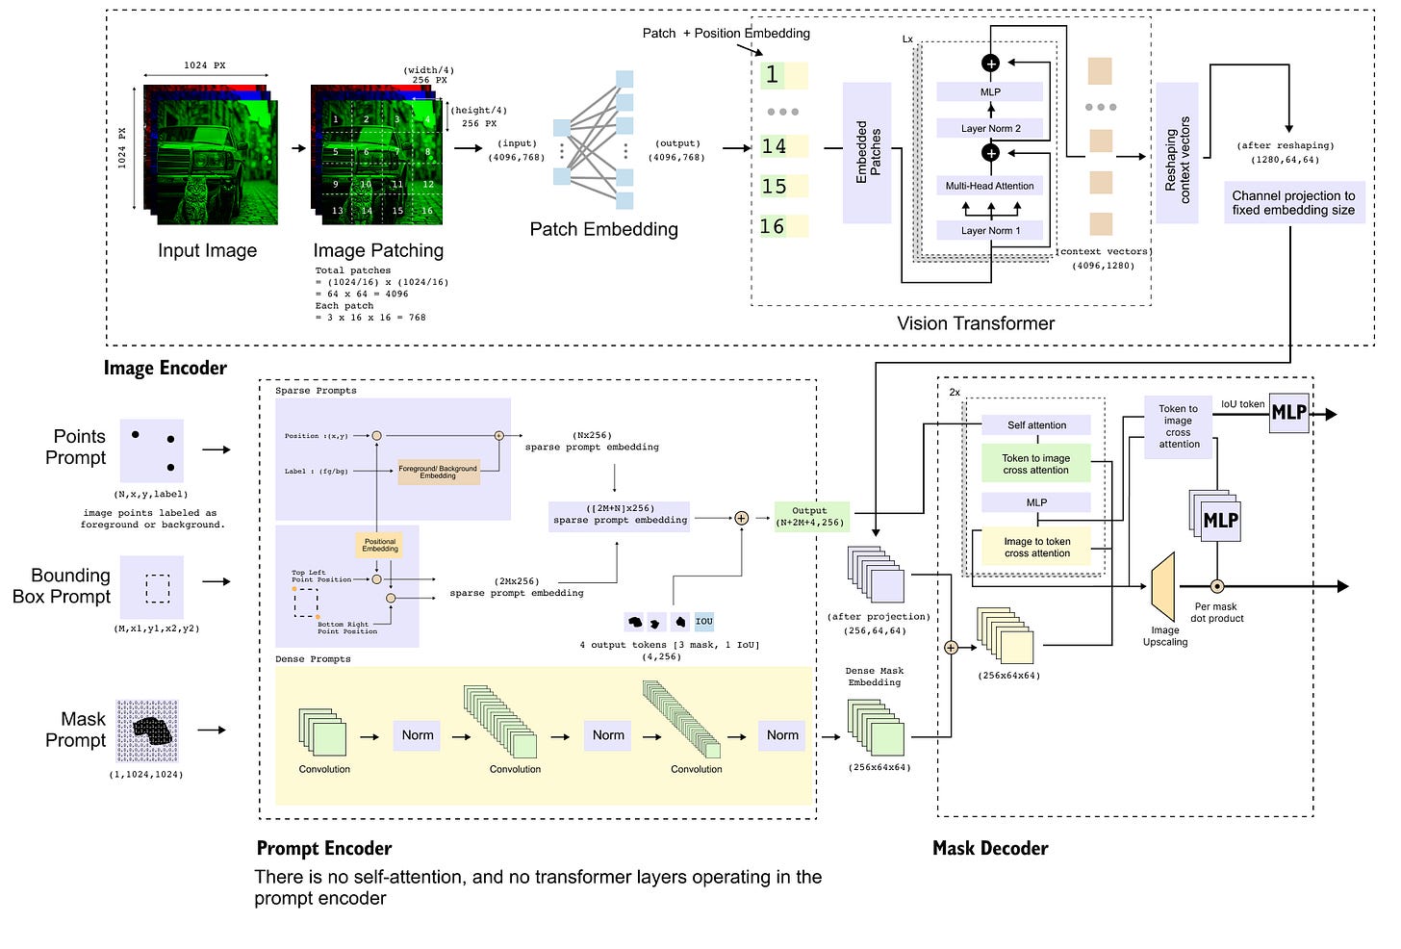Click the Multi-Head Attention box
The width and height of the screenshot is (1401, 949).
click(989, 186)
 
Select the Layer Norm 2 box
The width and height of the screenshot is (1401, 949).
click(989, 128)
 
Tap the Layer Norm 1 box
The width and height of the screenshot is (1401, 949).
click(989, 230)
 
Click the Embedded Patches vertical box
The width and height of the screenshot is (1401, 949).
click(867, 152)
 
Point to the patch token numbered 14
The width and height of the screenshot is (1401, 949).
click(782, 146)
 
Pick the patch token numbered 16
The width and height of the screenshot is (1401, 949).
click(782, 226)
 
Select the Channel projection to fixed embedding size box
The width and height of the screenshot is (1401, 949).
click(1293, 202)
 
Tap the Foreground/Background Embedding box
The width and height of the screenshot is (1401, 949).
click(438, 472)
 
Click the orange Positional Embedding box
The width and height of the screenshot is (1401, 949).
click(379, 545)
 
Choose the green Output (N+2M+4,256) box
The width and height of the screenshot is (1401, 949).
click(811, 516)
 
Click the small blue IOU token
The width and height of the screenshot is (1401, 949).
click(703, 621)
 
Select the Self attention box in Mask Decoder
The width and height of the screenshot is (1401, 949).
click(1036, 424)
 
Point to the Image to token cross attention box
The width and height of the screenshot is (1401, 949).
click(1036, 547)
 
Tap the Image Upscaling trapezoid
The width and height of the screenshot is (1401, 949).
click(1164, 586)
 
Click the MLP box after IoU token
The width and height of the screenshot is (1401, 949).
click(1288, 413)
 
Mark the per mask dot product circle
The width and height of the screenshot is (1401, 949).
click(1216, 586)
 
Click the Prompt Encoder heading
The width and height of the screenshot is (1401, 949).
click(324, 848)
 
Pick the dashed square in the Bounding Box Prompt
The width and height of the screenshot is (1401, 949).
click(157, 588)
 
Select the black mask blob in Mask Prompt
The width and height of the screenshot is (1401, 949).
click(152, 731)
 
